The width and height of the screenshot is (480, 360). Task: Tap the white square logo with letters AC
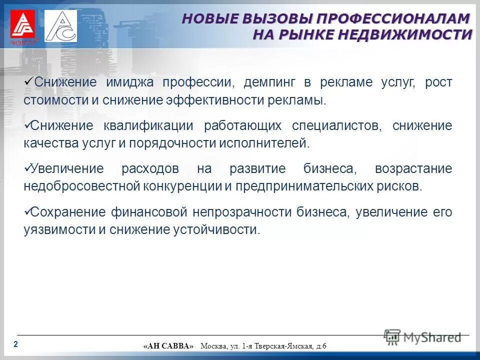point(60,26)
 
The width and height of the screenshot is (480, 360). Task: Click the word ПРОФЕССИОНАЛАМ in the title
point(391,18)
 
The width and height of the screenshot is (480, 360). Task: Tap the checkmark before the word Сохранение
point(27,211)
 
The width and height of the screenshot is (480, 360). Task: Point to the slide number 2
point(15,344)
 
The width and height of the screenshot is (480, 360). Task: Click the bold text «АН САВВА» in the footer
point(168,346)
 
